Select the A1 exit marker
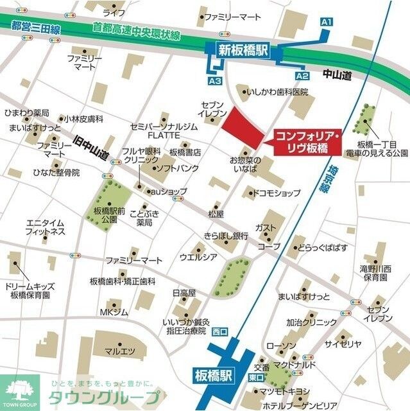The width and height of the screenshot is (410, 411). [x=326, y=22]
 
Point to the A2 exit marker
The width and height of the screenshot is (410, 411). [x=302, y=76]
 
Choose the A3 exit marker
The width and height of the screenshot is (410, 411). [x=215, y=81]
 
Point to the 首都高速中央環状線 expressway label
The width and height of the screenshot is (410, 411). [x=136, y=30]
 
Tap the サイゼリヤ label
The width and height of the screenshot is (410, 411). [x=343, y=344]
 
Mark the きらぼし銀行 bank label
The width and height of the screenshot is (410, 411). [x=225, y=236]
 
